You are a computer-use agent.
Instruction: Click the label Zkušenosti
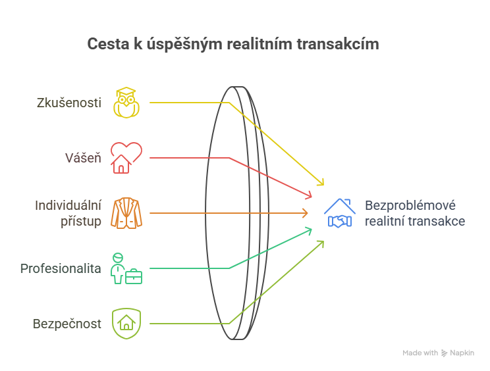(x=69, y=103)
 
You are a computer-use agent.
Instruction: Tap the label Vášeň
(x=82, y=158)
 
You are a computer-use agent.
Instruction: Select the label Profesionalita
(x=61, y=268)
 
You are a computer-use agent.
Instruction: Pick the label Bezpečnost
(x=67, y=324)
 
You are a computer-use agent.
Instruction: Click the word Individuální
(x=68, y=205)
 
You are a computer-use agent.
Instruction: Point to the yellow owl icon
(x=126, y=102)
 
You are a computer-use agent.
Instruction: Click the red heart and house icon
(x=126, y=158)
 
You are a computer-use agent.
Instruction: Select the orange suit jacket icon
(x=126, y=213)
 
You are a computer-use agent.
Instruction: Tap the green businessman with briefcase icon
(x=126, y=268)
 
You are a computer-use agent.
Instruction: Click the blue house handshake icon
(x=339, y=213)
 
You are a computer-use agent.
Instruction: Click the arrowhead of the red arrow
(x=309, y=195)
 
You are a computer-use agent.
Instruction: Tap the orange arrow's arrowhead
(x=306, y=213)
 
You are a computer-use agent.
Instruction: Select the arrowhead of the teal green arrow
(x=309, y=230)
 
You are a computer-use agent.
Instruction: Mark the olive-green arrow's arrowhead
(x=321, y=243)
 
